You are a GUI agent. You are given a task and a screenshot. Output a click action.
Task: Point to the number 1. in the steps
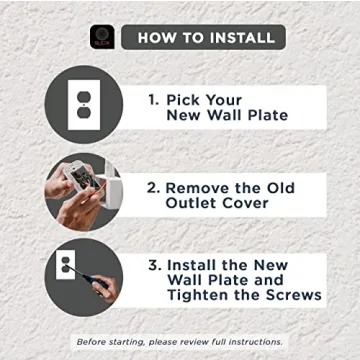click(x=153, y=101)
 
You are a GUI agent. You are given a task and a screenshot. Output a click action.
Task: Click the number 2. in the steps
click(x=153, y=187)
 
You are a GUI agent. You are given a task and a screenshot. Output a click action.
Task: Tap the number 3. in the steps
click(x=153, y=266)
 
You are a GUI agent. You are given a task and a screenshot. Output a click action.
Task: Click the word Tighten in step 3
click(x=201, y=295)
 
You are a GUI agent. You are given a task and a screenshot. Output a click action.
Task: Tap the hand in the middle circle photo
click(x=70, y=205)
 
